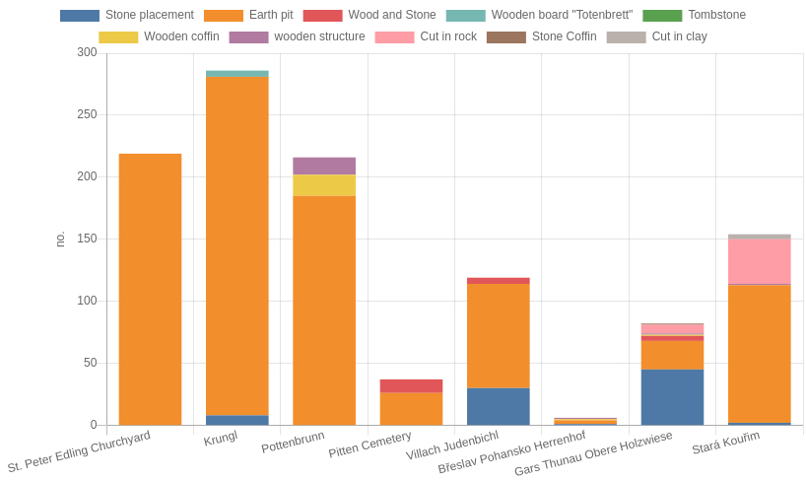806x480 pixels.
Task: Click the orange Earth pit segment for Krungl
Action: pyautogui.click(x=236, y=246)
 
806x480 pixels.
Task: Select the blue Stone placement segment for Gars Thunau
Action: pyautogui.click(x=672, y=397)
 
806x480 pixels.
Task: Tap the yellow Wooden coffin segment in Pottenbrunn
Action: pyautogui.click(x=324, y=185)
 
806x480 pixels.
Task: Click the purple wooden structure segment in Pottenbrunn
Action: pyautogui.click(x=324, y=167)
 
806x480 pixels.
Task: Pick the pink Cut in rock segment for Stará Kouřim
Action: pyautogui.click(x=759, y=261)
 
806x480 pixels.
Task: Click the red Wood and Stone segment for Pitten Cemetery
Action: pyautogui.click(x=411, y=386)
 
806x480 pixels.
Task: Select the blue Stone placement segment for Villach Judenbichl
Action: pyautogui.click(x=498, y=406)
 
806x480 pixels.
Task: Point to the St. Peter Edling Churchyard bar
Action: pyautogui.click(x=150, y=290)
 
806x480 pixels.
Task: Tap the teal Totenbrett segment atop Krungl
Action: pyautogui.click(x=236, y=74)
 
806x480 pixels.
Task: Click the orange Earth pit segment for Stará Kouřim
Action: pyautogui.click(x=759, y=354)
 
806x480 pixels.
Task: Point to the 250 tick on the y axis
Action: pyautogui.click(x=88, y=114)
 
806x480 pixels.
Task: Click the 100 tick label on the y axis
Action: pyautogui.click(x=88, y=301)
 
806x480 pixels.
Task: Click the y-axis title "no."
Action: pyautogui.click(x=60, y=239)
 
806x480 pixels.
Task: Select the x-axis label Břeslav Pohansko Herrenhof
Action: pyautogui.click(x=512, y=452)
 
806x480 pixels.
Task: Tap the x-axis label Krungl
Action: pyautogui.click(x=221, y=438)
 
